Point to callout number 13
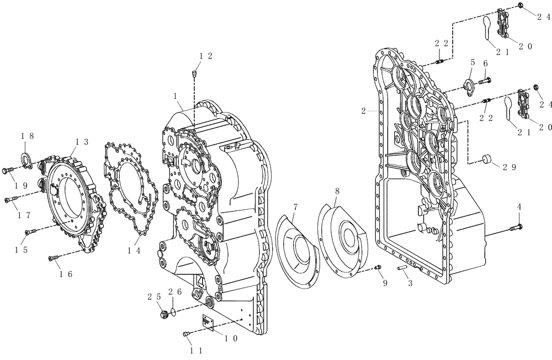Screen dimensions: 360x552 [82, 142]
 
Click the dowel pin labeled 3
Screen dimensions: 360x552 [402, 268]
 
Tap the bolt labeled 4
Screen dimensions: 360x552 [517, 226]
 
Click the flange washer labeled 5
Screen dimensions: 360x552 [468, 84]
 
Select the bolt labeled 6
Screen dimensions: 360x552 [485, 82]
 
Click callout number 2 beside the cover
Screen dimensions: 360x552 [364, 111]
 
